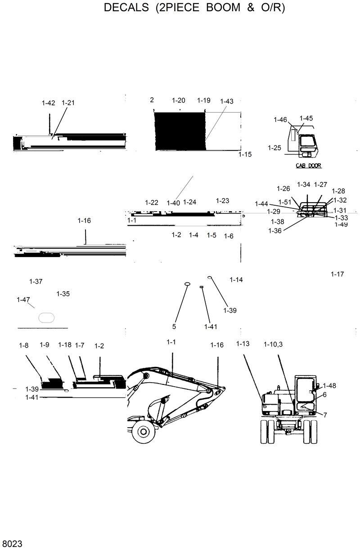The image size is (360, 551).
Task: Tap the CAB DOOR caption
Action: coord(308,166)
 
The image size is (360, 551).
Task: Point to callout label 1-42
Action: coord(48,103)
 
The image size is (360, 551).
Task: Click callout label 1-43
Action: coord(227,102)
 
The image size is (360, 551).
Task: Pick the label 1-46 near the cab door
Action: coord(280,119)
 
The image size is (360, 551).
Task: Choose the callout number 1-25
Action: coord(274,148)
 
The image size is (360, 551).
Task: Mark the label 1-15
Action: coord(245,154)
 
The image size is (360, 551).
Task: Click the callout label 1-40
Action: coord(173,203)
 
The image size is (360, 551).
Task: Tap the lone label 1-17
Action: coord(337,274)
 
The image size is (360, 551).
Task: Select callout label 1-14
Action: coord(236,280)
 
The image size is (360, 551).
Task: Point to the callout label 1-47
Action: coord(23,300)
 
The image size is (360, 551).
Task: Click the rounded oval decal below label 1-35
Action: coord(46,317)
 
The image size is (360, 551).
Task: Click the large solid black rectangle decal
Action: coord(180,131)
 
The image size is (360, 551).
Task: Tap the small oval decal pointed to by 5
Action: coord(187,284)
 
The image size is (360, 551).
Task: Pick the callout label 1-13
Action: coord(243,344)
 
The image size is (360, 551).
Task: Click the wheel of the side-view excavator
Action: coord(144,432)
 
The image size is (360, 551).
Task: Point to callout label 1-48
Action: coord(329,386)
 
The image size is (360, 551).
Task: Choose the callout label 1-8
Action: coord(23,345)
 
